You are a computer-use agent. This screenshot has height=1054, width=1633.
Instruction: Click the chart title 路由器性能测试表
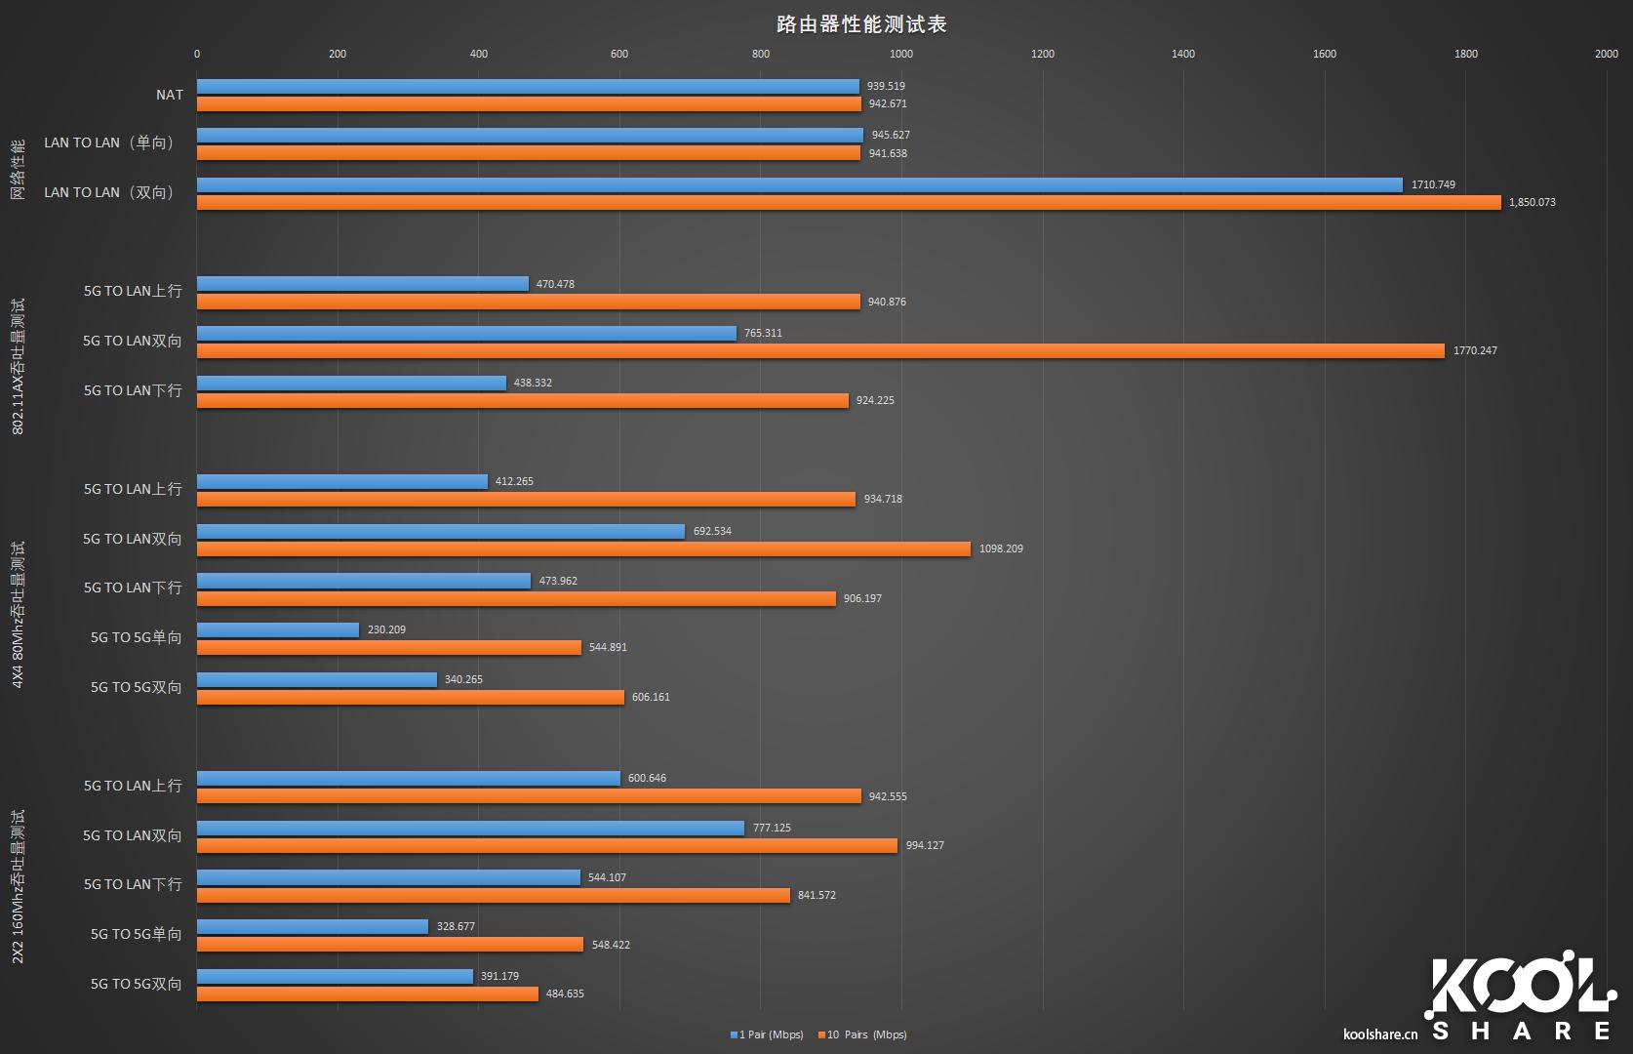[861, 23]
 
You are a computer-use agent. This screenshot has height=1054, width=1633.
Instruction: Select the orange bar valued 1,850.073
[849, 203]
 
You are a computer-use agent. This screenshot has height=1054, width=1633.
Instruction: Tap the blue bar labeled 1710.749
[800, 185]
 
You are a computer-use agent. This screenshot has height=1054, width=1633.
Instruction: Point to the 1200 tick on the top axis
[1043, 54]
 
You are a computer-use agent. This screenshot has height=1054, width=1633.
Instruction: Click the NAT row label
[170, 95]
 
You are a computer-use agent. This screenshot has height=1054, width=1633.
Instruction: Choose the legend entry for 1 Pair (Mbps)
[767, 1034]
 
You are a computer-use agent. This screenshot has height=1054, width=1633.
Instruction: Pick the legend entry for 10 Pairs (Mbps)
[862, 1034]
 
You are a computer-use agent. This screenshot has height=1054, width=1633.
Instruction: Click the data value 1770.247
[1475, 350]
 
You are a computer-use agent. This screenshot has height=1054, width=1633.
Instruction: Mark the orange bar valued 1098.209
[583, 549]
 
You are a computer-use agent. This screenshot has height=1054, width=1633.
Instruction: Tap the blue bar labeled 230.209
[278, 630]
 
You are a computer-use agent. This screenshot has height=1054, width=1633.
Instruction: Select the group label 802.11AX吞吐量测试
[19, 366]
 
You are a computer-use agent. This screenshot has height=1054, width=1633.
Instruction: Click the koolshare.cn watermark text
[1380, 1034]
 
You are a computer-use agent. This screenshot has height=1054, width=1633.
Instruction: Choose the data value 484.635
[565, 993]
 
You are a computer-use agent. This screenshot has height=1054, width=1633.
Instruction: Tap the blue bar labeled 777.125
[470, 829]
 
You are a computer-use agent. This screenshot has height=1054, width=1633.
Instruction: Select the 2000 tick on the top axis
[1606, 54]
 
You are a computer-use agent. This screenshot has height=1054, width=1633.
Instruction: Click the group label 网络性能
[19, 169]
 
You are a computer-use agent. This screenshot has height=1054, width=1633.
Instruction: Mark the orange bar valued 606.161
[411, 698]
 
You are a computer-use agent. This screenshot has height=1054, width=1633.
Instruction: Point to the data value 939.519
[886, 86]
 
